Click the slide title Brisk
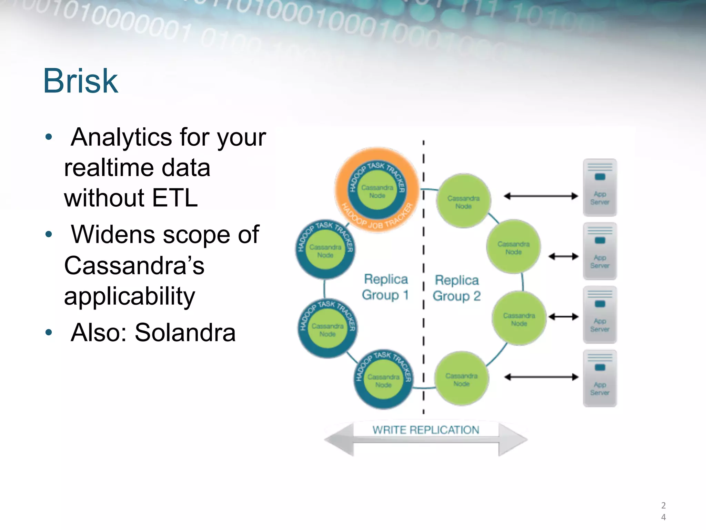click(81, 81)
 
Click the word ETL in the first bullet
click(175, 198)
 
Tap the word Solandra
click(185, 333)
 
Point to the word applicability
click(130, 296)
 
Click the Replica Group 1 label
click(385, 287)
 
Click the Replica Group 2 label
click(456, 288)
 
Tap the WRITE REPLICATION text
click(426, 430)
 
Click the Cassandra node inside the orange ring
click(377, 192)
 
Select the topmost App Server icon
click(600, 187)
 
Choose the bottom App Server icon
click(600, 378)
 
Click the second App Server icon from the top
click(600, 251)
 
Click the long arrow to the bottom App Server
click(541, 377)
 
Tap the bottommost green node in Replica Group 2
click(462, 379)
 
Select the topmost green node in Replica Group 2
click(463, 202)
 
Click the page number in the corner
click(663, 511)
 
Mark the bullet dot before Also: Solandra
click(49, 333)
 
